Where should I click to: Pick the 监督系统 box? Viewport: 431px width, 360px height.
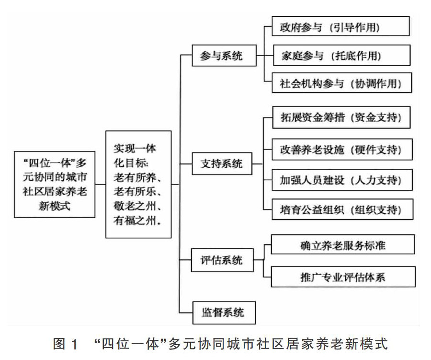tap(221, 313)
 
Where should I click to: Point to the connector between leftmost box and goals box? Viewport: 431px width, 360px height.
tap(100, 184)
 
